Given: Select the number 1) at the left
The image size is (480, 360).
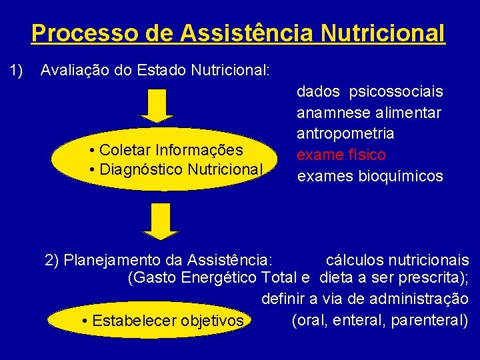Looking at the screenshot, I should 16,69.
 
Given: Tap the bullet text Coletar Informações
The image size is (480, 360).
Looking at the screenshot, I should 166,149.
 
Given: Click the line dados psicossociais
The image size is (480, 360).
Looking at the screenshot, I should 370,91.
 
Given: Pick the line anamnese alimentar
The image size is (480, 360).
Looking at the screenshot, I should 369,113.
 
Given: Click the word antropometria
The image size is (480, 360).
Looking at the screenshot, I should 345,133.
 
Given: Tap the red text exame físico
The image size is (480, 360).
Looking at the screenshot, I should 341,155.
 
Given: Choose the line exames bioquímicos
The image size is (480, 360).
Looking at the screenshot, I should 370,176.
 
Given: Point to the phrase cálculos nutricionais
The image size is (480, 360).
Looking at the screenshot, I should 397,259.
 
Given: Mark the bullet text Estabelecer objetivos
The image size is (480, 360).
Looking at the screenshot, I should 163,321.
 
